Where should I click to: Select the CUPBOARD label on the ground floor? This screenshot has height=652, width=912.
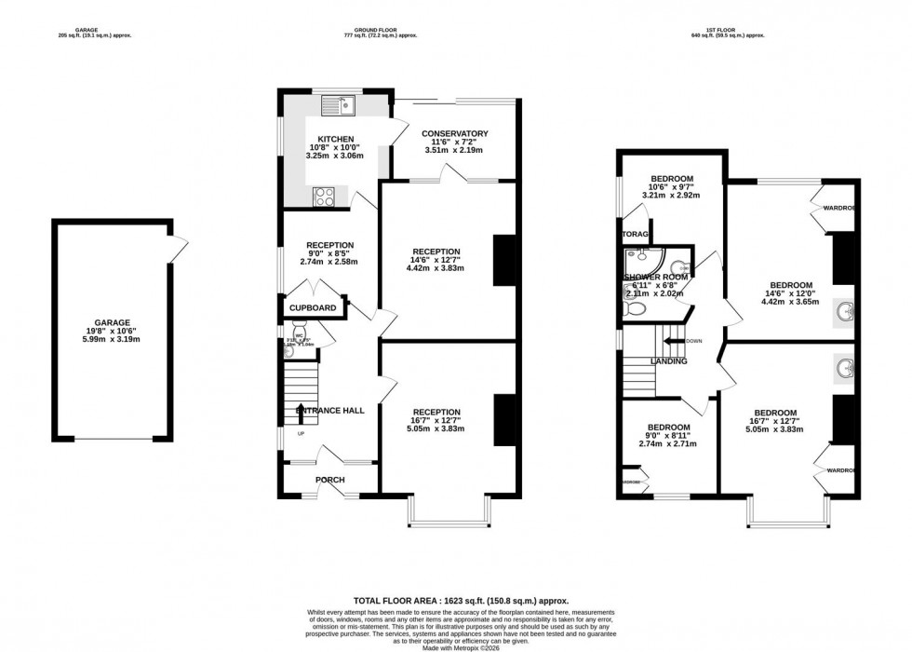[312, 307]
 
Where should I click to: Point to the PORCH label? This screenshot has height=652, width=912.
[329, 480]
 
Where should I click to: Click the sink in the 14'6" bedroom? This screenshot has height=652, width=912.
[846, 309]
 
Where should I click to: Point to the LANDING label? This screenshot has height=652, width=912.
[668, 361]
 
